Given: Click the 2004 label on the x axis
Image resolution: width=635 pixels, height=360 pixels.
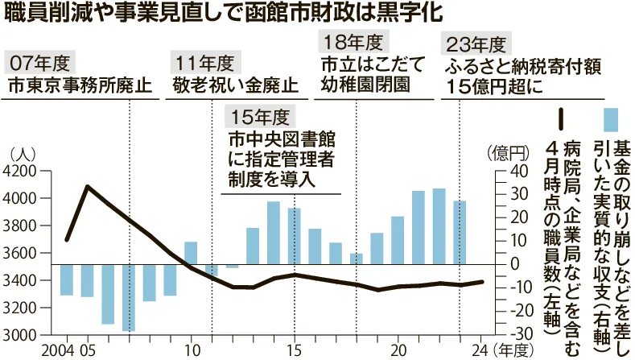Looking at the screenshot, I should click(x=60, y=351).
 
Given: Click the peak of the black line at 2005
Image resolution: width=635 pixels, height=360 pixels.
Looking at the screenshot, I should click(x=87, y=187).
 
